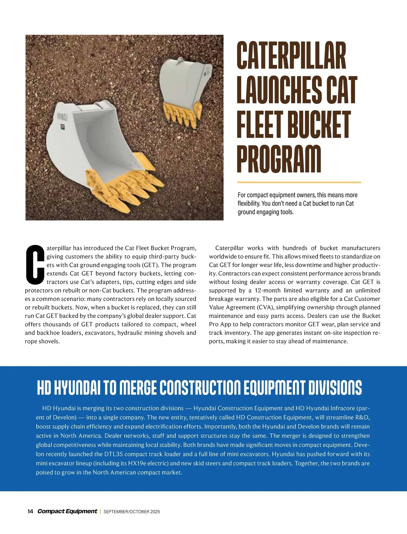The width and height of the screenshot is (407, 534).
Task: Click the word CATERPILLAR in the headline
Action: click(x=291, y=56)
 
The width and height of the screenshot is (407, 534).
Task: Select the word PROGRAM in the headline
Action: click(x=279, y=159)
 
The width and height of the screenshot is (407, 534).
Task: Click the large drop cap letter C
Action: click(x=35, y=265)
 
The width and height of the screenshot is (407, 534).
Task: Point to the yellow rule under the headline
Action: click(x=299, y=182)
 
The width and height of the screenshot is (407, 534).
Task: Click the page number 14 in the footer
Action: click(x=30, y=511)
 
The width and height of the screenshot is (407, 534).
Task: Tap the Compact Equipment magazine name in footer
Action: click(x=67, y=511)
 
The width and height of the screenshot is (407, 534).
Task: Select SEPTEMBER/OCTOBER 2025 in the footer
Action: click(x=132, y=512)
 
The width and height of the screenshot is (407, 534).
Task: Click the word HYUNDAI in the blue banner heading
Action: click(x=77, y=388)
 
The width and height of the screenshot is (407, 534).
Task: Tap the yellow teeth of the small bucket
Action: click(x=182, y=114)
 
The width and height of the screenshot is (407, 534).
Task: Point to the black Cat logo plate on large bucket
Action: click(x=62, y=127)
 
